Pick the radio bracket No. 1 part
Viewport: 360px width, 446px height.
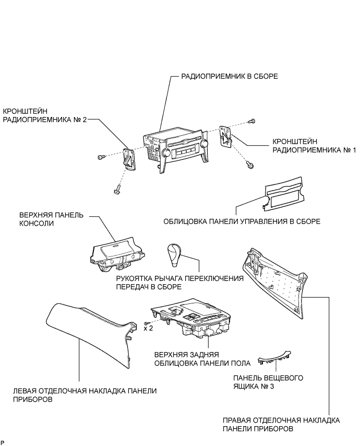(x=226, y=137)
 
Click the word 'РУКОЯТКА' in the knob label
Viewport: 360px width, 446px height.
(x=136, y=278)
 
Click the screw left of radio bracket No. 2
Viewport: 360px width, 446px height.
(x=101, y=157)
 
